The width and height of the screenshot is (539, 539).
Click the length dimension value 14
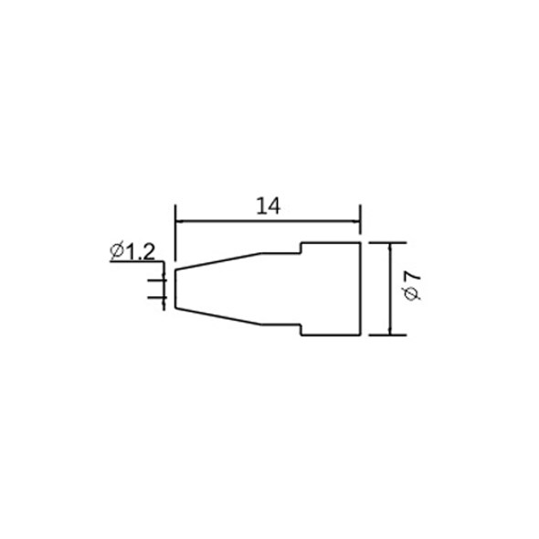(x=269, y=206)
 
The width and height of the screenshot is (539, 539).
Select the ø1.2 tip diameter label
(x=132, y=251)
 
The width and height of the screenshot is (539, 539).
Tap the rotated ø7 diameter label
(x=412, y=286)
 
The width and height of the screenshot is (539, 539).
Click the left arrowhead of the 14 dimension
(x=179, y=222)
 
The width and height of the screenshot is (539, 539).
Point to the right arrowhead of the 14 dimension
(x=356, y=222)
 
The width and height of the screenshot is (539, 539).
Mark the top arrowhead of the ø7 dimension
(x=390, y=248)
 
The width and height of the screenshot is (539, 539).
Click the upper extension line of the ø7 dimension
(x=387, y=243)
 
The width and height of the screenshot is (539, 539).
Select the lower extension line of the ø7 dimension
(x=387, y=334)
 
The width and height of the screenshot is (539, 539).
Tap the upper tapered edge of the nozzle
(x=218, y=261)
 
